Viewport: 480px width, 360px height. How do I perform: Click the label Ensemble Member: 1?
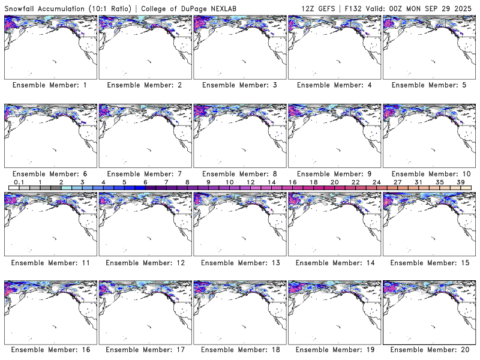(x=49, y=85)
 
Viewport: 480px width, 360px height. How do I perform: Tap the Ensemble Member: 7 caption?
(x=144, y=174)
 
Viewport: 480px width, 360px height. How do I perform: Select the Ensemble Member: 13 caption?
(x=238, y=263)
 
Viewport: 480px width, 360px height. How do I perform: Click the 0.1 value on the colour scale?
(x=19, y=182)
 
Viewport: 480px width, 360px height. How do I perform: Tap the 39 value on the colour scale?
(x=461, y=182)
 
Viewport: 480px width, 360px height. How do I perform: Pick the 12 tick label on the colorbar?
(x=250, y=182)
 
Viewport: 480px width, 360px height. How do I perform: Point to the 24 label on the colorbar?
(x=376, y=182)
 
